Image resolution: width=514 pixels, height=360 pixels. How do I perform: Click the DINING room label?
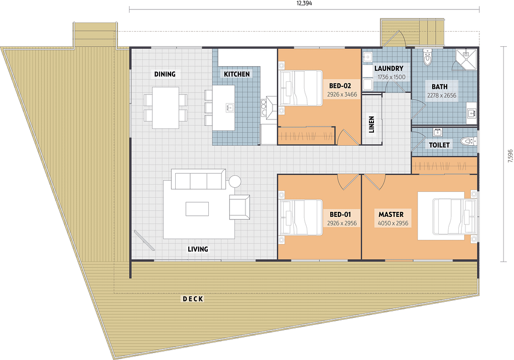point(165,74)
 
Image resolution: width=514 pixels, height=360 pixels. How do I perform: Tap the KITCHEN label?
point(237,74)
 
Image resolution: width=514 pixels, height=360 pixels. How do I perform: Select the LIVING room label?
point(198,249)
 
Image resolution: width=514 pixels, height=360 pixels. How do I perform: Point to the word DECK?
point(193,299)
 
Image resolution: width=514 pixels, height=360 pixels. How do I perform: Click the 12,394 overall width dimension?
point(304,4)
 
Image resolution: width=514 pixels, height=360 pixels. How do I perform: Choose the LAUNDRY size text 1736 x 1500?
point(392,77)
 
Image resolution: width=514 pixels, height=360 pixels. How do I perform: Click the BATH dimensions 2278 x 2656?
point(442,95)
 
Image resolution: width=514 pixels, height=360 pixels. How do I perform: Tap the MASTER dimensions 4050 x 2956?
point(393,223)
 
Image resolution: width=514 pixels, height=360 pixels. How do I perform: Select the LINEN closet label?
point(371,125)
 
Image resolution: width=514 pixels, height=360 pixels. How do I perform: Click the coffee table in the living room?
point(197,209)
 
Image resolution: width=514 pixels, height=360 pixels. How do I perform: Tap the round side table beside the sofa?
point(235,181)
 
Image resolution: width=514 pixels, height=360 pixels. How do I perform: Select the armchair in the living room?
point(239,207)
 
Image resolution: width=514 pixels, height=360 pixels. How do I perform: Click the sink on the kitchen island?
point(229,107)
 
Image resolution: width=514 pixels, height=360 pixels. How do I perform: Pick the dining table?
point(166,107)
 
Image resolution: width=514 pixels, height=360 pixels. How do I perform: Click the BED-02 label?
point(340,86)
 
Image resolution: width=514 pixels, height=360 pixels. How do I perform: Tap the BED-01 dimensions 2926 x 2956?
point(342,223)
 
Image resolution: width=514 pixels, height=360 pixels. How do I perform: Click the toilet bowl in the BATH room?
point(428,58)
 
